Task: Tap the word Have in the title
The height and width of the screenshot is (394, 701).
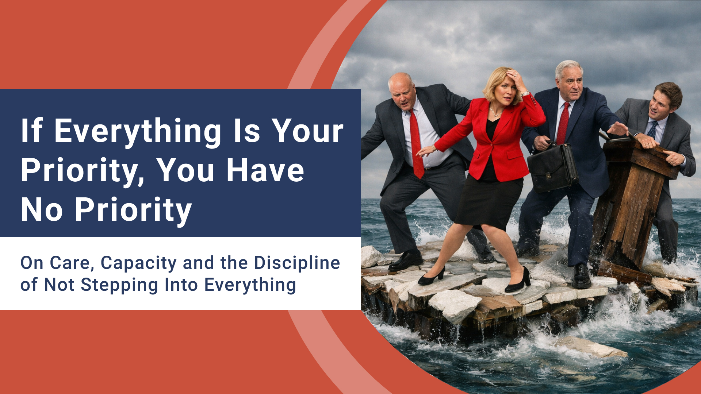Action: pyautogui.click(x=265, y=170)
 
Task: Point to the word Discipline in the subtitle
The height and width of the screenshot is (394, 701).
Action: pyautogui.click(x=297, y=263)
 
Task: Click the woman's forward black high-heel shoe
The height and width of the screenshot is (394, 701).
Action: pyautogui.click(x=518, y=281)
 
